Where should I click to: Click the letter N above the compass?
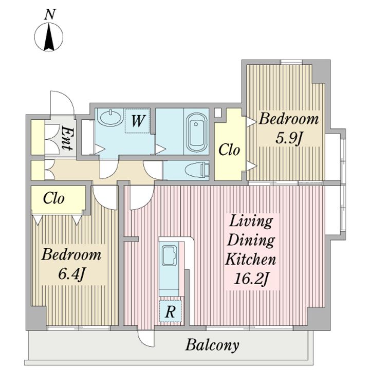pyautogui.click(x=50, y=14)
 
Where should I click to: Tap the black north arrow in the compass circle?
pyautogui.click(x=49, y=37)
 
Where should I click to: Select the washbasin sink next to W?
pyautogui.click(x=110, y=117)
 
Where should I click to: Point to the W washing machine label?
pyautogui.click(x=138, y=121)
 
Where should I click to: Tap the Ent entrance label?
pyautogui.click(x=67, y=139)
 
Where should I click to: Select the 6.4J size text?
pyautogui.click(x=71, y=274)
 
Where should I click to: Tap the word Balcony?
pyautogui.click(x=212, y=345)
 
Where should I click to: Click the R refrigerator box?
pyautogui.click(x=171, y=311)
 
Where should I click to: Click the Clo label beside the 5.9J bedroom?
pyautogui.click(x=229, y=150)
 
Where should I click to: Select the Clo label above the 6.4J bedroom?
pyautogui.click(x=54, y=198)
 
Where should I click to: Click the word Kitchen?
pyautogui.click(x=251, y=260)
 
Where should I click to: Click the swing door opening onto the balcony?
pyautogui.click(x=145, y=338)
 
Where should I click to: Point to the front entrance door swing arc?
pyautogui.click(x=63, y=103)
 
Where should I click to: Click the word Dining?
pyautogui.click(x=251, y=240)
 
